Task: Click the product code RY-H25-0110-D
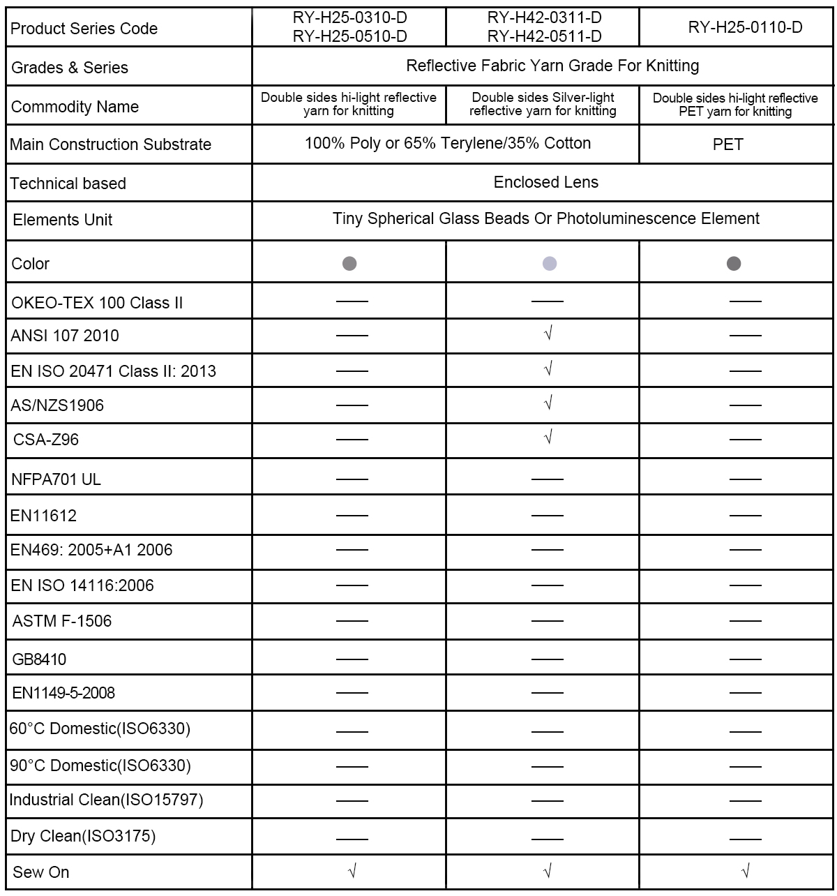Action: [745, 27]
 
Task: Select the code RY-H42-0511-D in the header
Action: [544, 36]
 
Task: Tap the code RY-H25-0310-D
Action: [349, 18]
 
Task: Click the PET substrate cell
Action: [727, 144]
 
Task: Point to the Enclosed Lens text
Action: [545, 182]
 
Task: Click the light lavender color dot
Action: [550, 263]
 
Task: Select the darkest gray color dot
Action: [733, 263]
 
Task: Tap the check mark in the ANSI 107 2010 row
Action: [548, 334]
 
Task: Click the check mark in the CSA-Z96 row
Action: [548, 438]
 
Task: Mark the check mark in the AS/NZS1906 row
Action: [548, 403]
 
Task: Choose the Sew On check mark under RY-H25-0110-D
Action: [745, 870]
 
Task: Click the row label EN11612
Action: [44, 516]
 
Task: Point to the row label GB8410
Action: [40, 659]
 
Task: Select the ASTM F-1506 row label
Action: [62, 621]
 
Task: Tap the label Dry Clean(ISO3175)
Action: [83, 836]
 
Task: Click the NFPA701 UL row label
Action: [56, 479]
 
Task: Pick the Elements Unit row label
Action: [63, 220]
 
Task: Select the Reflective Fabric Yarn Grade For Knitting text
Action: [552, 66]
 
